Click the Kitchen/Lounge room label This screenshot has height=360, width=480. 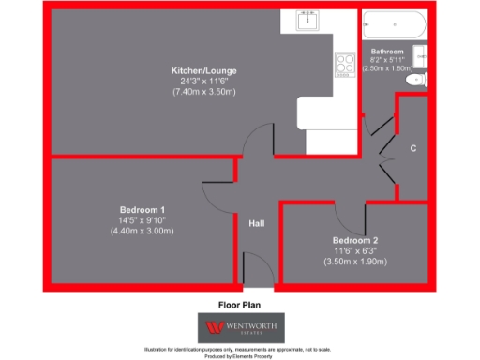click(203, 71)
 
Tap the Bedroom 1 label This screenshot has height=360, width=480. click(142, 209)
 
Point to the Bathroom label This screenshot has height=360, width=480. click(387, 51)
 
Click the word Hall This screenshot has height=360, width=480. click(257, 224)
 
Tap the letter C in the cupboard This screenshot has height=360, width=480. click(413, 148)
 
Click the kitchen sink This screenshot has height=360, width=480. click(307, 21)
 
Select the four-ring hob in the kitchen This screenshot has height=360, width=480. click(344, 65)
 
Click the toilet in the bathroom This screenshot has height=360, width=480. click(413, 83)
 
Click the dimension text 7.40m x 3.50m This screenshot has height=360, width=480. click(203, 93)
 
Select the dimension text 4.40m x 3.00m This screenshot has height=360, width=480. click(142, 231)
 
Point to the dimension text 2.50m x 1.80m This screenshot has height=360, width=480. click(387, 68)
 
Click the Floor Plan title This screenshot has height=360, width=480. click(239, 305)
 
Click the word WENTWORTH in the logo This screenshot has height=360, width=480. click(248, 326)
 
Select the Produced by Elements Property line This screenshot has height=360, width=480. click(240, 355)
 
